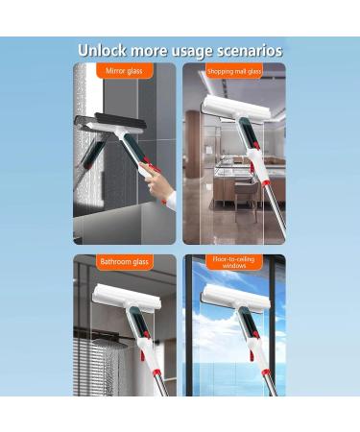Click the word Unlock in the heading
(x=104, y=50)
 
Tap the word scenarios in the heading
(x=250, y=50)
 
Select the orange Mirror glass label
(x=124, y=70)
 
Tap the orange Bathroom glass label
(x=124, y=261)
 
